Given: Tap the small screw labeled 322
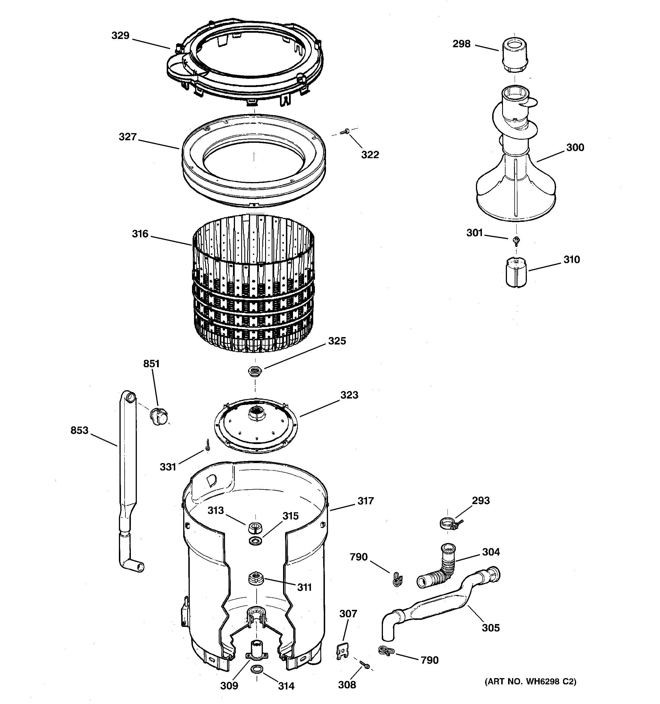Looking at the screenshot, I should (x=344, y=132).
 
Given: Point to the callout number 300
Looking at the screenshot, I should (x=575, y=148).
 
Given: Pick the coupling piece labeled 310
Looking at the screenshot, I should (x=515, y=272).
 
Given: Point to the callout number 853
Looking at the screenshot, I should (x=79, y=430).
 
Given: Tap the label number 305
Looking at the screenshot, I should (x=491, y=628).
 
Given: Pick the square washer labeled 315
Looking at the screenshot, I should (x=255, y=541).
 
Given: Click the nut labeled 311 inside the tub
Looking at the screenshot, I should (x=255, y=578).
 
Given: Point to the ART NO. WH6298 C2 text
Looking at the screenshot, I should (x=530, y=681).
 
